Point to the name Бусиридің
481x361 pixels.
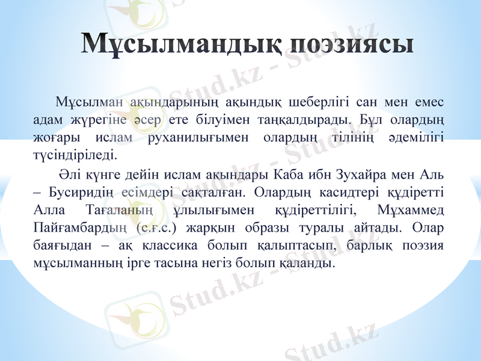(78, 193)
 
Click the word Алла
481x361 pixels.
(44, 211)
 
